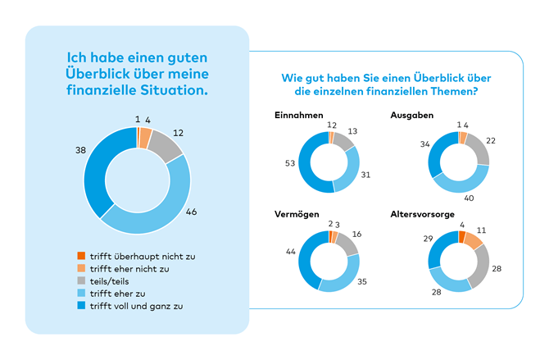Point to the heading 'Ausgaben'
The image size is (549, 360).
(412, 115)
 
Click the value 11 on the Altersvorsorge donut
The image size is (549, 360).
(483, 232)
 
